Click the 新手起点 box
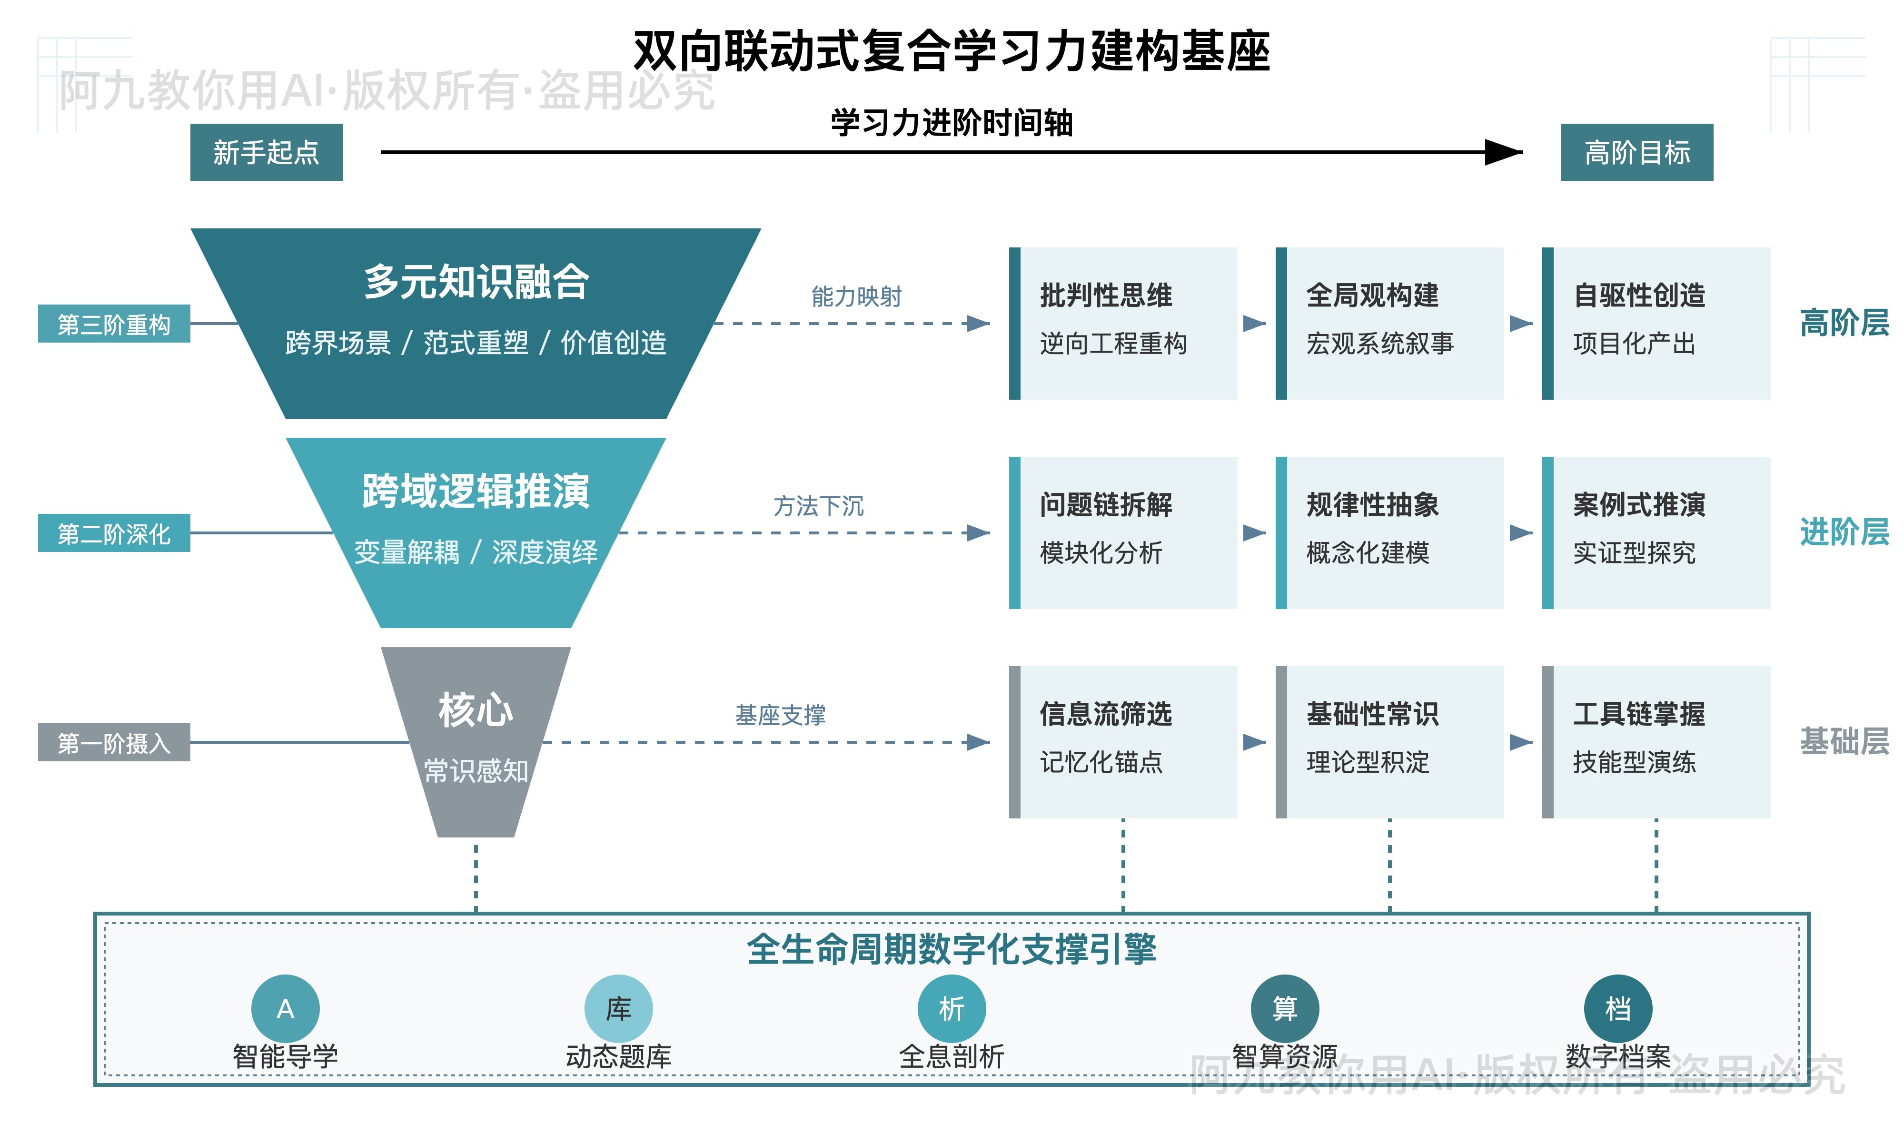[266, 152]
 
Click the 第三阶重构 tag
[114, 324]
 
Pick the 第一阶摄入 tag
[114, 743]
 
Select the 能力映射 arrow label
[856, 296]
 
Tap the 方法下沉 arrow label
[818, 506]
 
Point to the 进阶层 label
[1844, 532]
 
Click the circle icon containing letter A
[286, 1008]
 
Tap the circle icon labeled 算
[1284, 1008]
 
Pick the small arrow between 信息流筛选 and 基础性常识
[1254, 742]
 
